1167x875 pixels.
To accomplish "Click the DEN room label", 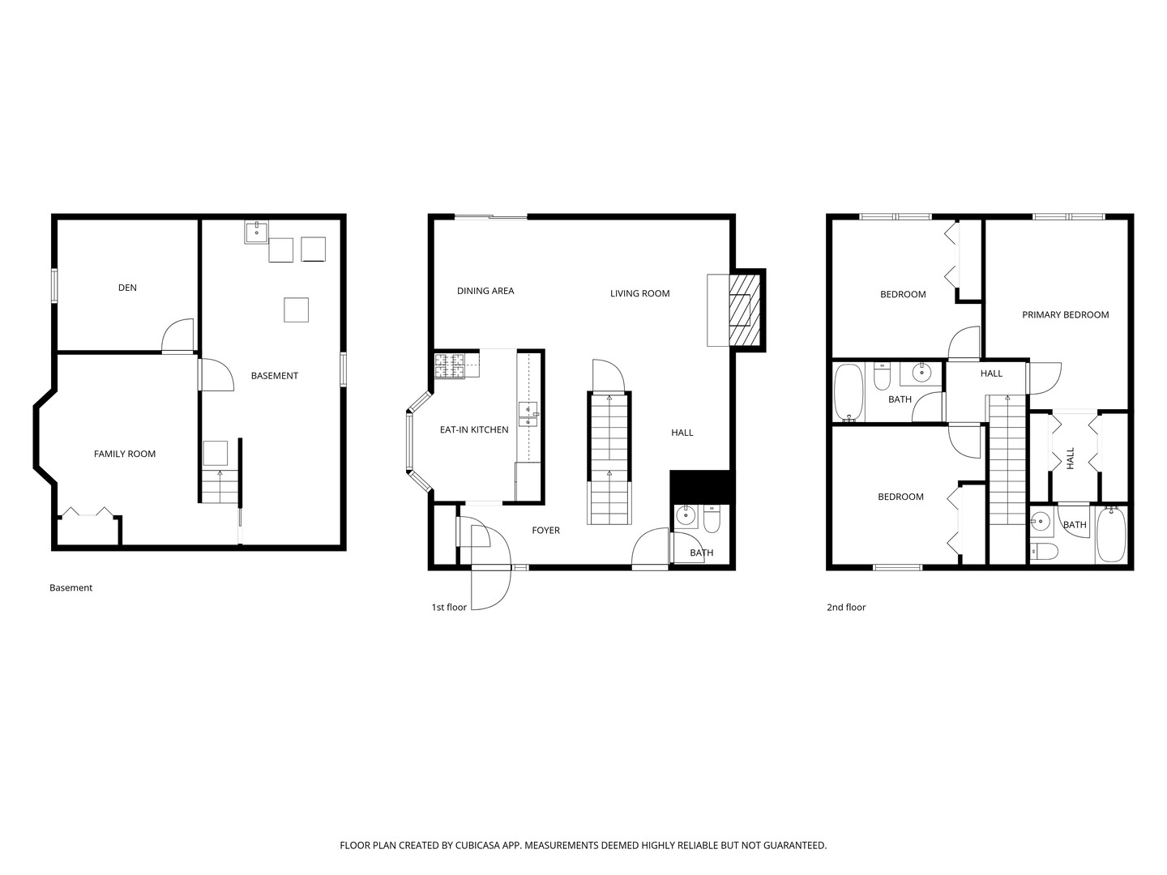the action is (127, 288).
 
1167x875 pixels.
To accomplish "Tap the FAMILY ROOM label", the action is (125, 454).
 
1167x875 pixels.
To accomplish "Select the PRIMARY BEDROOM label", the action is (1065, 314).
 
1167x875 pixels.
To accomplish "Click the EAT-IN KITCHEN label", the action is (474, 429).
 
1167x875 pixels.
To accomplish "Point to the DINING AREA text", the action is (485, 291).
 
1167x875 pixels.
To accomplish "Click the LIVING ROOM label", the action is (639, 293).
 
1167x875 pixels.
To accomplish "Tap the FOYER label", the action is (545, 530).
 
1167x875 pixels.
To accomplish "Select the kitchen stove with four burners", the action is (449, 365).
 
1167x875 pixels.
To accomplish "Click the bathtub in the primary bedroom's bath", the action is (1110, 534).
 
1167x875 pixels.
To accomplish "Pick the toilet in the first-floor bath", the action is (712, 519).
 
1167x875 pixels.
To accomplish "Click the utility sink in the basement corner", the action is (257, 232).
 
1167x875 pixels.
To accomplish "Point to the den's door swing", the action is (177, 335).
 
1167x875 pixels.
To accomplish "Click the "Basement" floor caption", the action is (71, 587).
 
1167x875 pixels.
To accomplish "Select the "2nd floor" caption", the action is (846, 608).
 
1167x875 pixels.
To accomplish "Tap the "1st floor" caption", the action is (449, 608).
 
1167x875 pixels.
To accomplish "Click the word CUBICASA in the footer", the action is (477, 845).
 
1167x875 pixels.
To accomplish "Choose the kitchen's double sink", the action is (528, 414).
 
